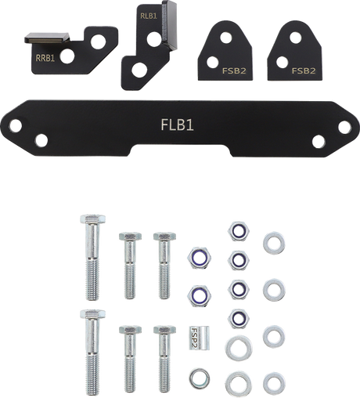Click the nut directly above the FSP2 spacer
tap(197, 295)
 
